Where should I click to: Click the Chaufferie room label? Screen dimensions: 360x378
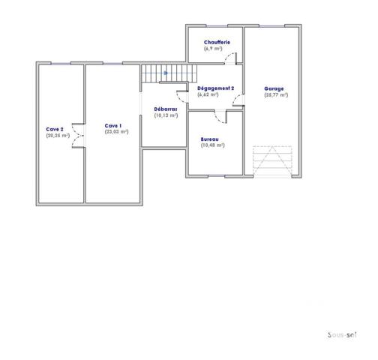[x=216, y=43]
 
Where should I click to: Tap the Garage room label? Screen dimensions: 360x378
[x=274, y=88]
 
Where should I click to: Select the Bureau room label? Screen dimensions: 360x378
[x=209, y=139]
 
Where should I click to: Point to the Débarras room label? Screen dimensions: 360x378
[x=165, y=109]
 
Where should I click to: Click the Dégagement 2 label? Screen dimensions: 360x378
[x=216, y=88]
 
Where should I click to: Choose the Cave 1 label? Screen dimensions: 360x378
[x=113, y=125]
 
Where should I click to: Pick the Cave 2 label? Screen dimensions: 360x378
[x=55, y=130]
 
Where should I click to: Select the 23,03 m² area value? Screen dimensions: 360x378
[x=116, y=131]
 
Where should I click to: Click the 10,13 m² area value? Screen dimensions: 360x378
[x=165, y=115]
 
